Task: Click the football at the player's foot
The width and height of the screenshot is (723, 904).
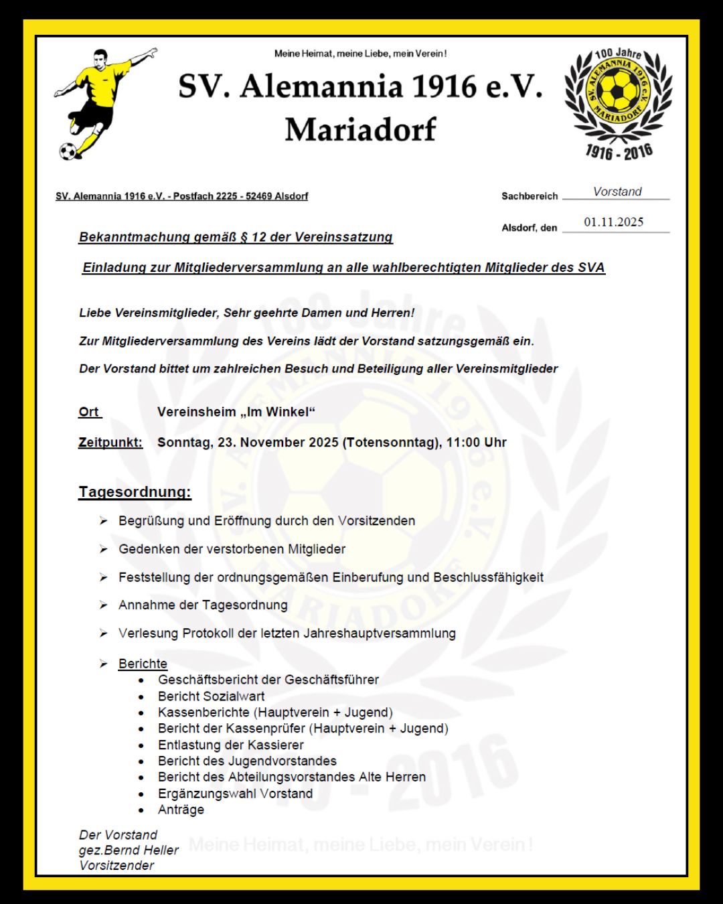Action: click(68, 151)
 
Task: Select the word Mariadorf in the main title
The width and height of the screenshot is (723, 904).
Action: click(360, 129)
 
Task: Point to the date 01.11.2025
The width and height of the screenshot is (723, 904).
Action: click(613, 222)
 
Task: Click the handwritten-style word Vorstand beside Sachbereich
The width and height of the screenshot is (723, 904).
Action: click(617, 192)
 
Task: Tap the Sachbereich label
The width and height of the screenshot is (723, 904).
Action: click(530, 196)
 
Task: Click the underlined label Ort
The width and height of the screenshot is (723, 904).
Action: click(88, 412)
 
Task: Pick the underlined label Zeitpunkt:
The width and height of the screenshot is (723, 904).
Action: click(110, 443)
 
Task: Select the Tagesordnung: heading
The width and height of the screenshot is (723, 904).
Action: click(135, 492)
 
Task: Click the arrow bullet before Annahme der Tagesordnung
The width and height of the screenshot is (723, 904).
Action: click(104, 605)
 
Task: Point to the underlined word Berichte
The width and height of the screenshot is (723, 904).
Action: click(143, 664)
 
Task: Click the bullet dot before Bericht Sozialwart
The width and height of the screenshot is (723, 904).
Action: click(141, 697)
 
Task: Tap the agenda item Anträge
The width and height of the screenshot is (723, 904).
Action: click(181, 810)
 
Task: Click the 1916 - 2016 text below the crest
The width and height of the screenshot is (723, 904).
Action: click(619, 152)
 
